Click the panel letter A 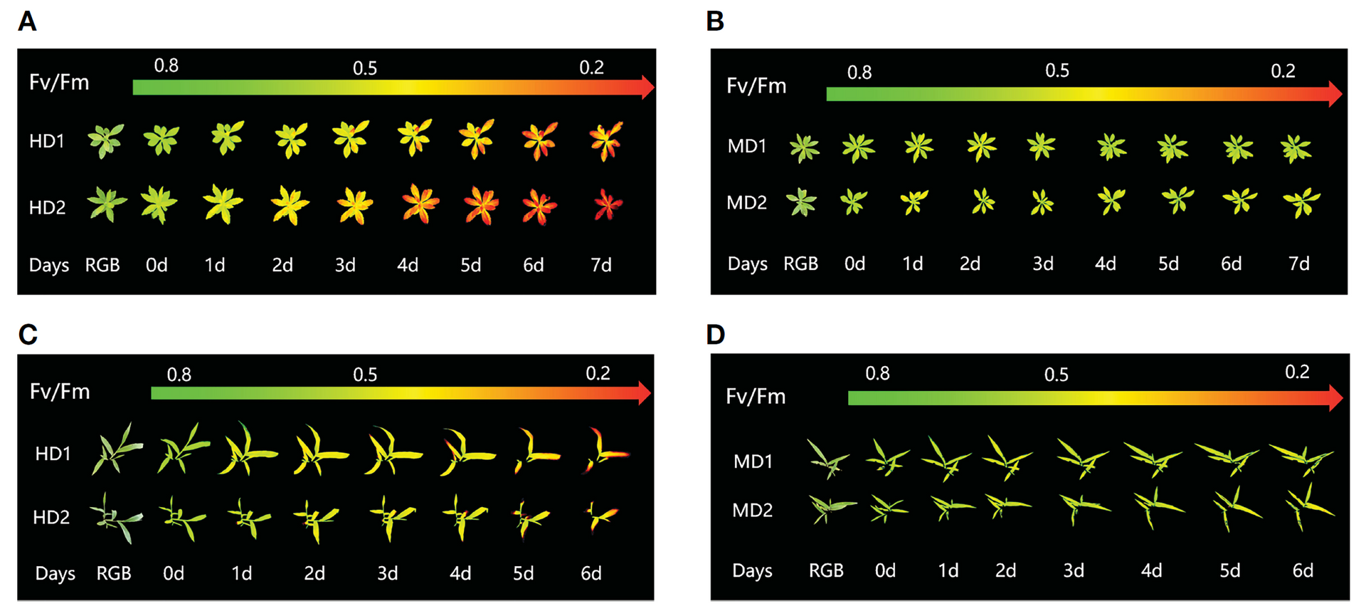click(27, 22)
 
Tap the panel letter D click(715, 335)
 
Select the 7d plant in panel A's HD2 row click(607, 205)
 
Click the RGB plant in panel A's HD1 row click(105, 140)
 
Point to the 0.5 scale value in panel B click(1057, 71)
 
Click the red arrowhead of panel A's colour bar click(647, 87)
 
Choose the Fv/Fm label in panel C click(60, 392)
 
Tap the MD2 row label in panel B click(746, 203)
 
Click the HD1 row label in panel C click(53, 454)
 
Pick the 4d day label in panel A click(408, 266)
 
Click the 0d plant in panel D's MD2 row click(888, 508)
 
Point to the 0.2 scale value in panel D click(1296, 372)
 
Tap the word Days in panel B click(747, 264)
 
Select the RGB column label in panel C click(114, 573)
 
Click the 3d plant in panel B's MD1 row click(1042, 146)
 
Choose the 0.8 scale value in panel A click(166, 66)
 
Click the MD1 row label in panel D click(753, 461)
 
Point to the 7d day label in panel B click(1298, 264)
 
